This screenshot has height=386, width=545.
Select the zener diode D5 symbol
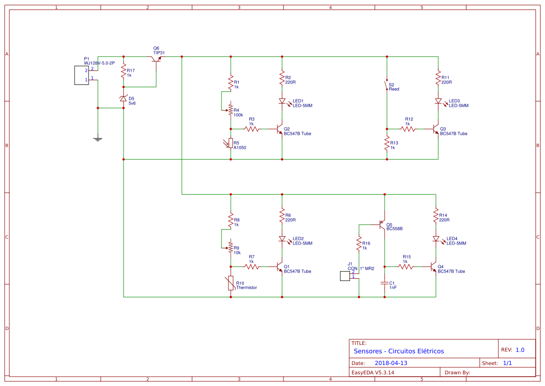[x=124, y=98]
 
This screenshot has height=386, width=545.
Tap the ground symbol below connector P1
[x=98, y=139]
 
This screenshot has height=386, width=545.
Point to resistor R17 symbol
[x=124, y=71]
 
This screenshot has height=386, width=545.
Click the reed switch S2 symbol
[x=386, y=85]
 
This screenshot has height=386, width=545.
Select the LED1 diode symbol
[x=282, y=101]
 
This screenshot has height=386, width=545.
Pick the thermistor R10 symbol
[x=231, y=283]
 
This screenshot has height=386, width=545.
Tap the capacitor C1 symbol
[x=384, y=283]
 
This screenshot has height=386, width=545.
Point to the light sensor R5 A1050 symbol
[x=230, y=143]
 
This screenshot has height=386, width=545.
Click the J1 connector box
[x=345, y=276]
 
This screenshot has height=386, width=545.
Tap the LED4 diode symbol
[x=436, y=239]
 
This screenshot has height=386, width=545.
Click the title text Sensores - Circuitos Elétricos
[x=399, y=351]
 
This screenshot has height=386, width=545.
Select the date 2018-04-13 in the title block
[x=391, y=363]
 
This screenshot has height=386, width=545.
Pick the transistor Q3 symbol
[x=436, y=129]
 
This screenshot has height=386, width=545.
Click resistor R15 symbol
[x=406, y=267]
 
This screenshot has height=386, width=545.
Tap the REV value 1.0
[x=520, y=350]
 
